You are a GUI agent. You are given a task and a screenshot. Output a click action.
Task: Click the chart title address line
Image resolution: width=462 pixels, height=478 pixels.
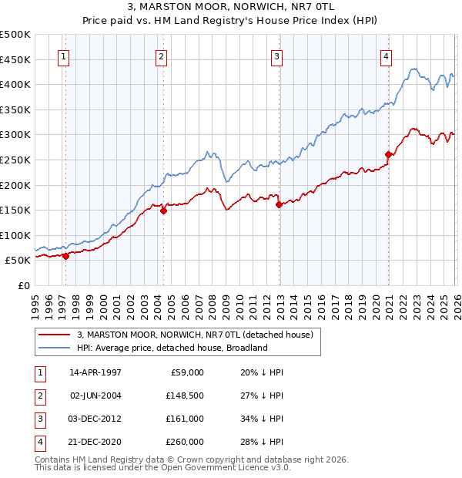tap(230, 7)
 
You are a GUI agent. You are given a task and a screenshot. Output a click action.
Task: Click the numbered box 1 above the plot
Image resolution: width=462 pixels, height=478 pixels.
tap(63, 56)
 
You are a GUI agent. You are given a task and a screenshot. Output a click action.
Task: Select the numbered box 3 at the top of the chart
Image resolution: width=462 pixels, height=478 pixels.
tap(276, 56)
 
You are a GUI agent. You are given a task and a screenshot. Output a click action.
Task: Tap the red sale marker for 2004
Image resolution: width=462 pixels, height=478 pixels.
tap(163, 210)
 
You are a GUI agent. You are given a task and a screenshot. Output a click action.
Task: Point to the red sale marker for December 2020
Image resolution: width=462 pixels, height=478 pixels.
tap(389, 155)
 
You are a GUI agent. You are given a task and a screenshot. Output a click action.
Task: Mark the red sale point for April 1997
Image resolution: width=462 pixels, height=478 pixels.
tap(65, 257)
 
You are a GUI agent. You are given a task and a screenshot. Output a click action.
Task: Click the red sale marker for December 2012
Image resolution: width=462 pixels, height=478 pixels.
tap(279, 204)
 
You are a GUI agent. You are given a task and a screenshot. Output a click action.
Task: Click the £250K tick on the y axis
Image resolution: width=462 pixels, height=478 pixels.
tap(15, 160)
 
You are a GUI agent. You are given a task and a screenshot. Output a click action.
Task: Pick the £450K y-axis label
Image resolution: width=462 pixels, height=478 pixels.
tap(15, 59)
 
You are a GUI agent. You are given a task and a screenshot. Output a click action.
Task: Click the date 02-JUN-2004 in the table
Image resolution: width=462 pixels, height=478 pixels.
tap(95, 396)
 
